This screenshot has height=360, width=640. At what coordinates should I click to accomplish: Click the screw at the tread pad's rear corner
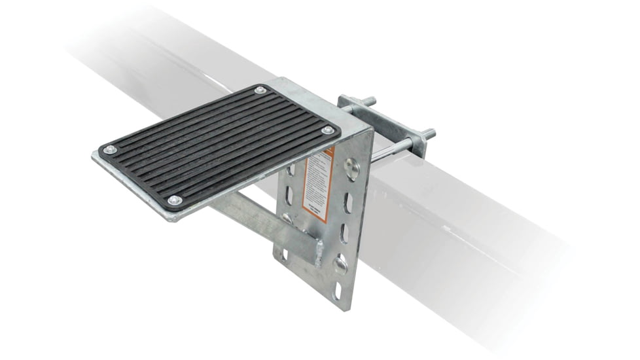[260, 90]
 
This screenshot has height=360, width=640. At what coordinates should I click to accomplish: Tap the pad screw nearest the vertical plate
[327, 130]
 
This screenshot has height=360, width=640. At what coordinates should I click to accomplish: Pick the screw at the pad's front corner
[173, 200]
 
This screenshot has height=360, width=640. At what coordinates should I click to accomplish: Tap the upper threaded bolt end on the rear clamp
[370, 101]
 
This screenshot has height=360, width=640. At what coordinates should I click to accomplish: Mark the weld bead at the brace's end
[319, 251]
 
